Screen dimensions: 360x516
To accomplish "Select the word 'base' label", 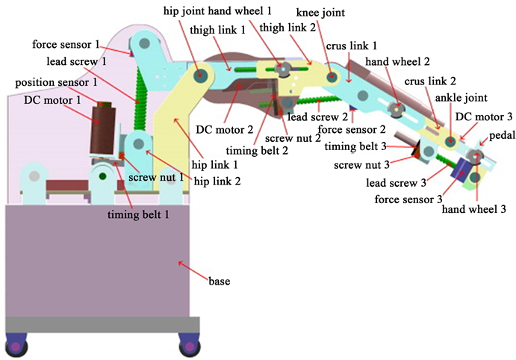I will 220,282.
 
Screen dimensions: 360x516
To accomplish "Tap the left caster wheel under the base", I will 17,346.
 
